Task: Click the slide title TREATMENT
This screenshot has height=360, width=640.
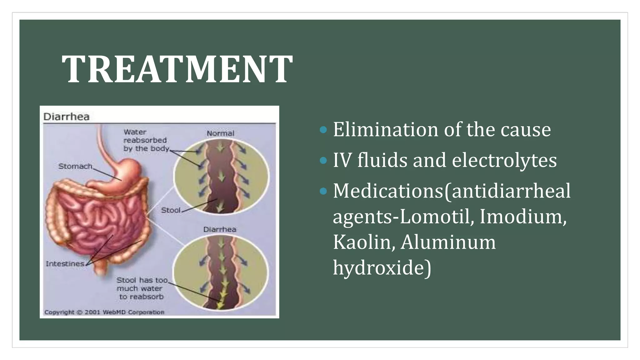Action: [177, 69]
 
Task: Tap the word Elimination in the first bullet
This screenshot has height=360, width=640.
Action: [385, 129]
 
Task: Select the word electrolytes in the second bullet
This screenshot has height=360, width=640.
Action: [504, 160]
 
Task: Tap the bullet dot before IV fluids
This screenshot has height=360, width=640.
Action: [324, 161]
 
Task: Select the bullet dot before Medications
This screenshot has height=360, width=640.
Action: [324, 191]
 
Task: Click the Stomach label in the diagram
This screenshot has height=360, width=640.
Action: [75, 166]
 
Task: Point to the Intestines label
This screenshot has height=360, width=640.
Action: [65, 264]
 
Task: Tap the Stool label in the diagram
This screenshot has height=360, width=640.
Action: [171, 210]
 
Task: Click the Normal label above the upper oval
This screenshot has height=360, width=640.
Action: [220, 133]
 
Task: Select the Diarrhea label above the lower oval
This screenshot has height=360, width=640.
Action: [220, 229]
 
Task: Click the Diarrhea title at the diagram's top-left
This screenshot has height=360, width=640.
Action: [66, 117]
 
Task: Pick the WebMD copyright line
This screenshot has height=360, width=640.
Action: [104, 312]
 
